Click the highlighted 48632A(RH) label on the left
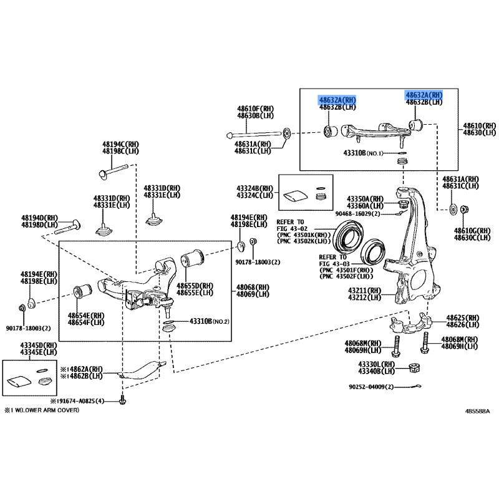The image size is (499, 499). point(337,100)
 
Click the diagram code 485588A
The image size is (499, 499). point(477,412)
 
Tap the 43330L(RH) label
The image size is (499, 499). point(376,364)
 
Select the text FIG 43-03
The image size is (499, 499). point(336,263)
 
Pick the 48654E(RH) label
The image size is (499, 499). point(87,316)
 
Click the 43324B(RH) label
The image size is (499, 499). point(254,188)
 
